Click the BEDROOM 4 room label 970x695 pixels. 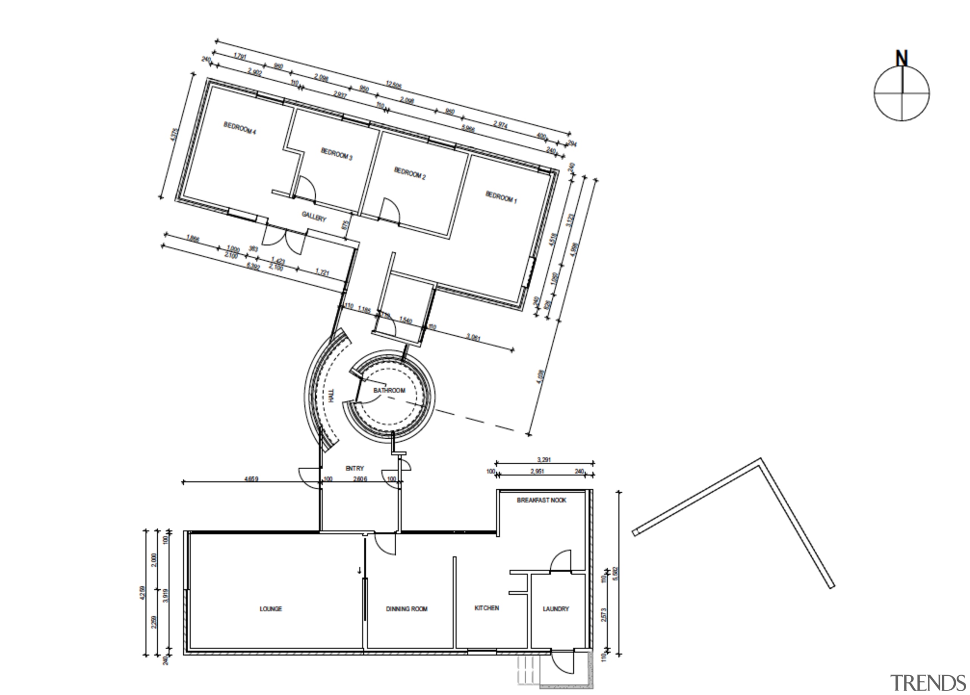pos(239,128)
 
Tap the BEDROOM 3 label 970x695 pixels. pos(336,154)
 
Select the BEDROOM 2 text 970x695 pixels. pos(409,173)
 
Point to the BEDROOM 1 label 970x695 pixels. pos(501,197)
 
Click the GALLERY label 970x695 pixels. pos(314,216)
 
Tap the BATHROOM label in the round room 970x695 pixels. pos(389,390)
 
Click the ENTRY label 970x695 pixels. pos(355,469)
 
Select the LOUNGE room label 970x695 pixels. pos(271,609)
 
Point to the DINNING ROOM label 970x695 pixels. pos(406,609)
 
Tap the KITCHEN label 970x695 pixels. pos(487,608)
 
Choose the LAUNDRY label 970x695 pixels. pos(555,609)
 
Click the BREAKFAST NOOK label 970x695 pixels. pos(541,500)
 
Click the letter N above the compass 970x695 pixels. pos(901,59)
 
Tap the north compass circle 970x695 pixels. pos(901,93)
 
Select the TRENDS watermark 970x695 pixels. pos(928,683)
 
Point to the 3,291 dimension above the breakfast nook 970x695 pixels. pos(544,460)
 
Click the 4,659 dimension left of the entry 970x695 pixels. pos(251,479)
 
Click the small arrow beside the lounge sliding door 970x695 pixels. pos(360,570)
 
